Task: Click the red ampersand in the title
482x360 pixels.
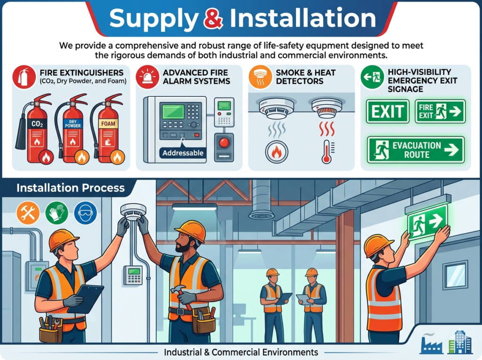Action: pyautogui.click(x=213, y=18)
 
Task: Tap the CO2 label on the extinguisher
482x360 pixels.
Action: pyautogui.click(x=37, y=124)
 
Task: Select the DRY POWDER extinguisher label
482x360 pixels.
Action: pyautogui.click(x=72, y=124)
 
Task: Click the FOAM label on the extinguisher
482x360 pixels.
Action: pyautogui.click(x=108, y=124)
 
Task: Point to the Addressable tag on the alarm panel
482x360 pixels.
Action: pyautogui.click(x=183, y=153)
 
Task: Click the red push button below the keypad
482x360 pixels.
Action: pyautogui.click(x=224, y=143)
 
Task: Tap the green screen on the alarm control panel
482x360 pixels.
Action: pyautogui.click(x=173, y=111)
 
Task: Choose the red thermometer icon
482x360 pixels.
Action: pyautogui.click(x=326, y=152)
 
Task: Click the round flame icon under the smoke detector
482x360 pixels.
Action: pyautogui.click(x=276, y=152)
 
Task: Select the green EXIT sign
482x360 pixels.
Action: pyautogui.click(x=387, y=111)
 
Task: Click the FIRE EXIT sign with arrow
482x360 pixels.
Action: pyautogui.click(x=440, y=111)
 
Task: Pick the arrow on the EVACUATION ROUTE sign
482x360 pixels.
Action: pyautogui.click(x=451, y=150)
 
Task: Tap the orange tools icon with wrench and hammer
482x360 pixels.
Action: pyautogui.click(x=28, y=212)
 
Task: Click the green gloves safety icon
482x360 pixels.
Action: pyautogui.click(x=56, y=212)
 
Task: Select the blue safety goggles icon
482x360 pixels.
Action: pyautogui.click(x=86, y=212)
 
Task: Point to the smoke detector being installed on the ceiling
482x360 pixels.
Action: pyautogui.click(x=133, y=212)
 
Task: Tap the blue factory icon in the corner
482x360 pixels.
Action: pyautogui.click(x=431, y=343)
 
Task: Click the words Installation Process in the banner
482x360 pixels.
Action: pyautogui.click(x=71, y=188)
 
